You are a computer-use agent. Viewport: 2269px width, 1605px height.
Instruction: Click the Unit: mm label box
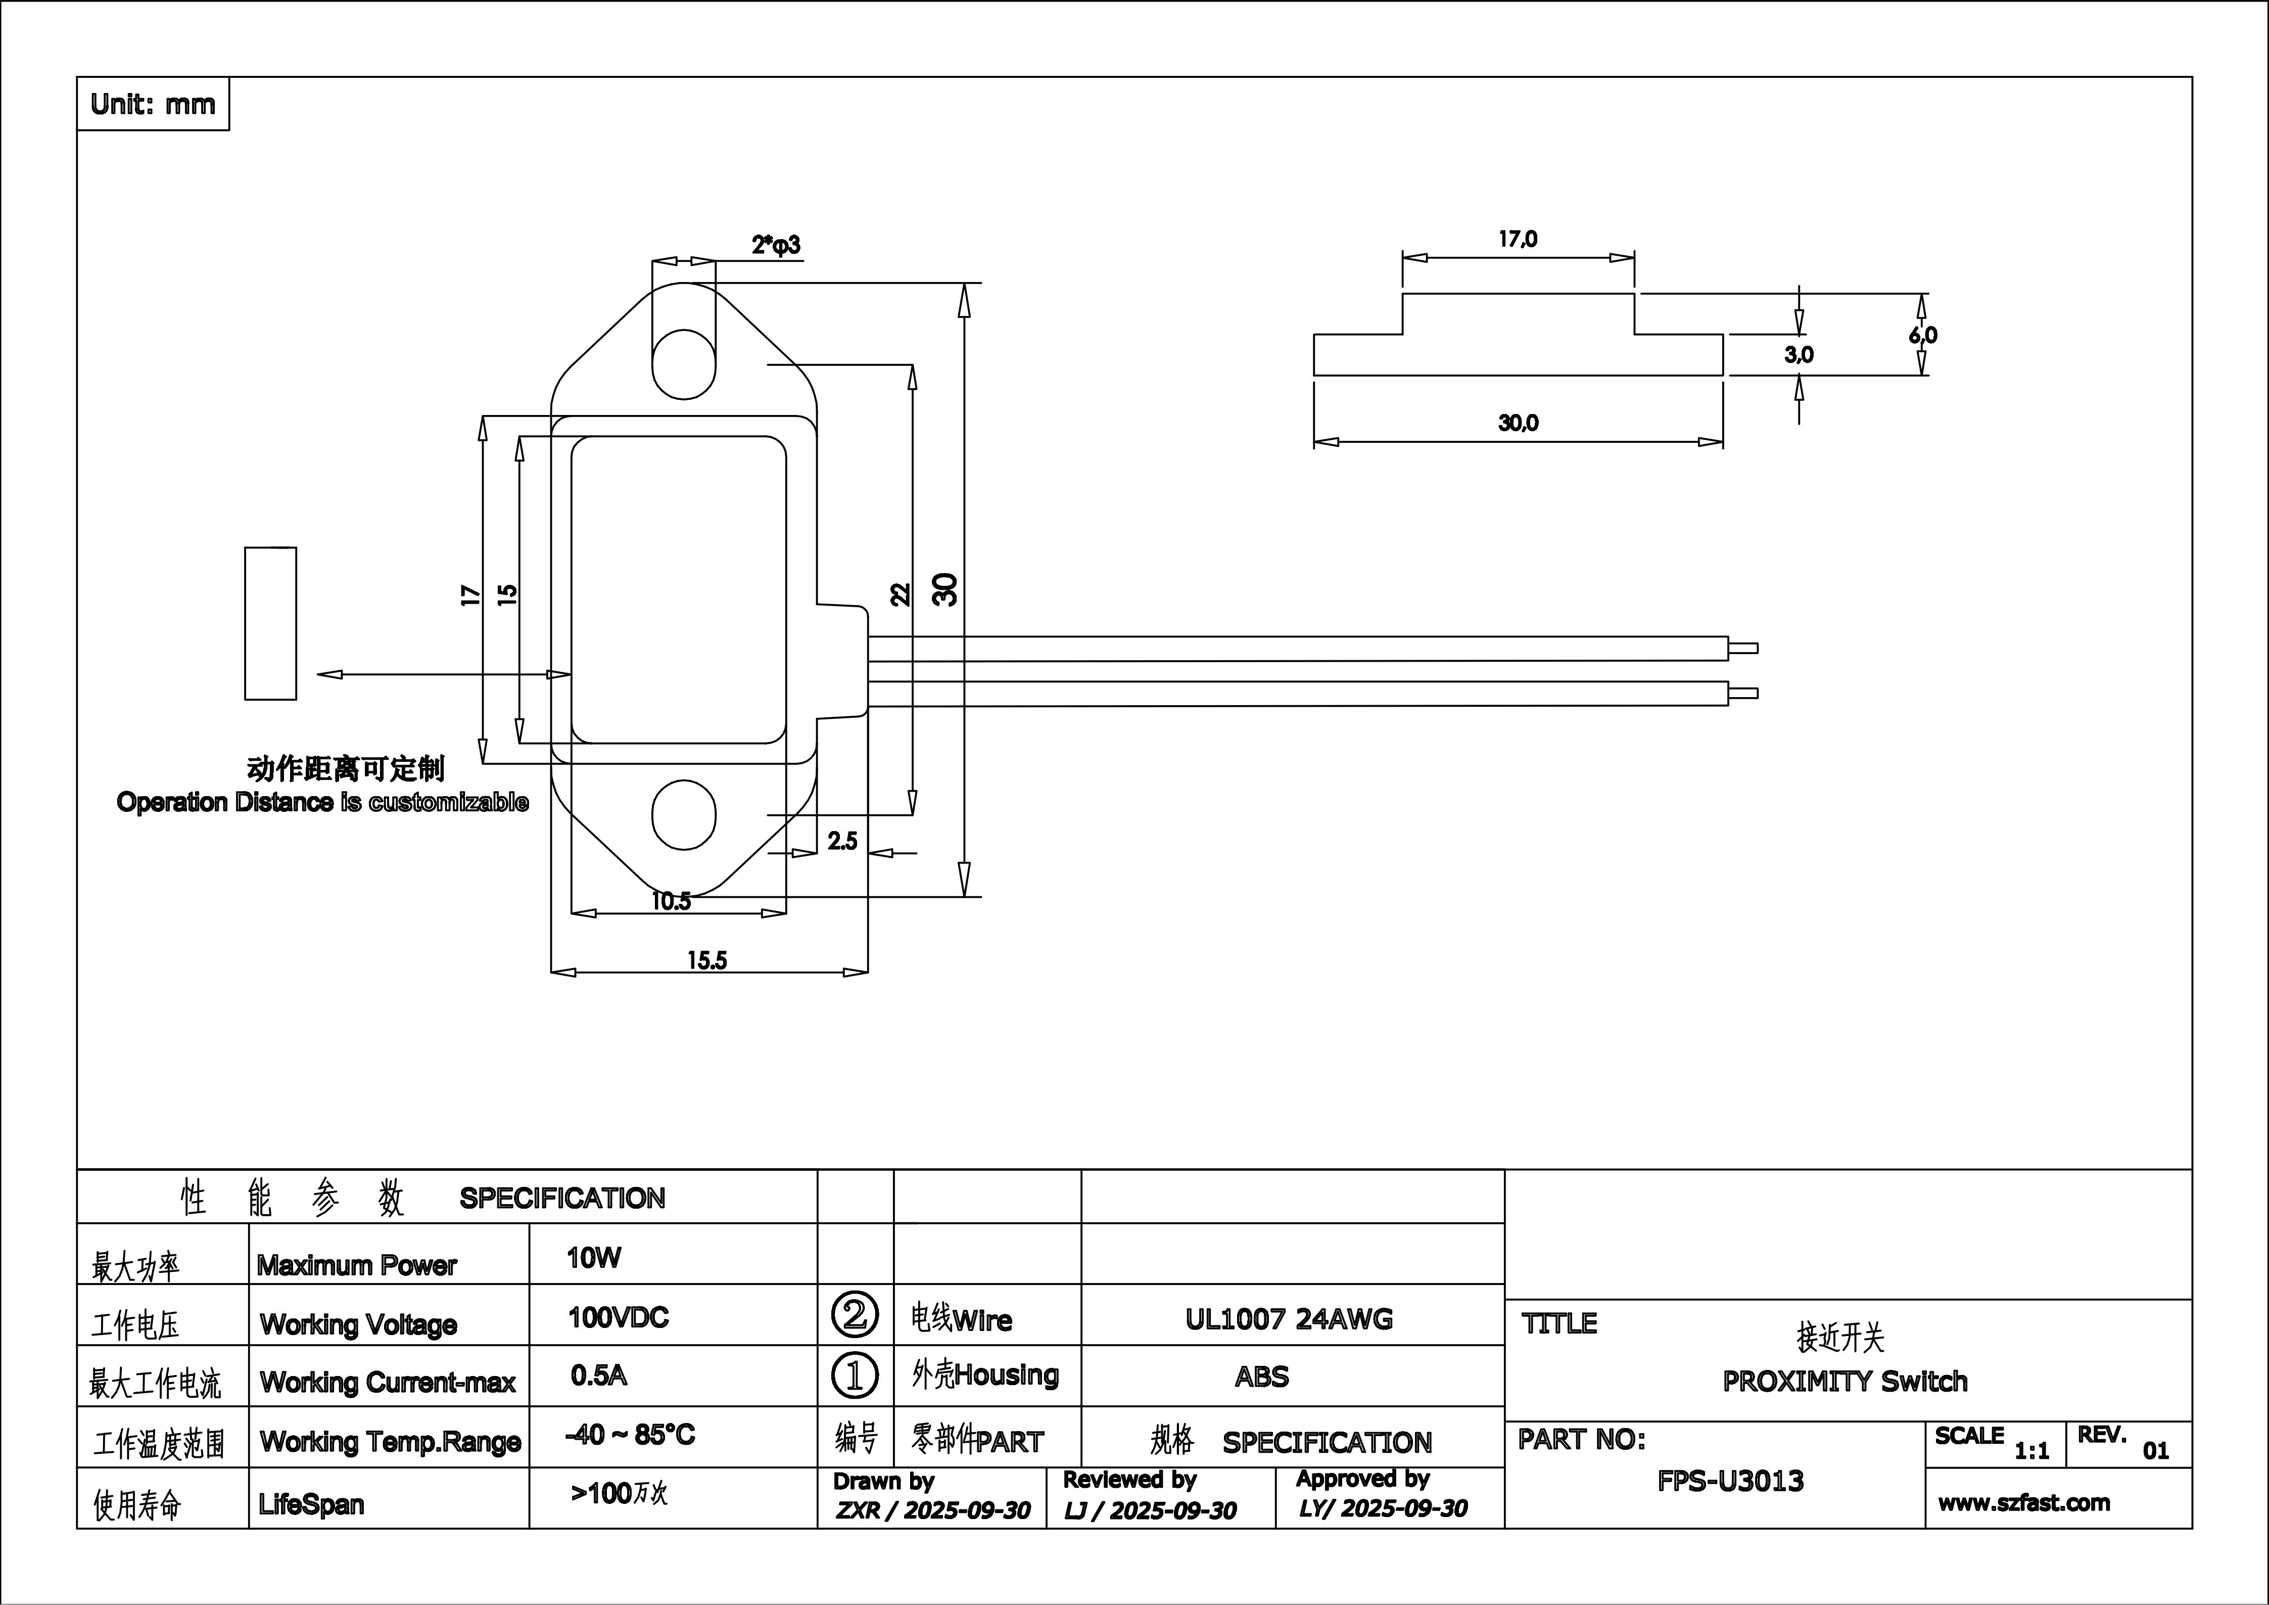pyautogui.click(x=152, y=104)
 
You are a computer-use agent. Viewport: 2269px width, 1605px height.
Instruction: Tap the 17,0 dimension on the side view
pyautogui.click(x=1518, y=239)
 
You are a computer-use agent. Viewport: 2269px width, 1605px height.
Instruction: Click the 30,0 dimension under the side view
pyautogui.click(x=1518, y=423)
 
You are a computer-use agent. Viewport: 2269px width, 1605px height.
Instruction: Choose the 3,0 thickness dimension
pyautogui.click(x=1799, y=355)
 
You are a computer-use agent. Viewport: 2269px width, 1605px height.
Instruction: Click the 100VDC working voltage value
pyautogui.click(x=619, y=1317)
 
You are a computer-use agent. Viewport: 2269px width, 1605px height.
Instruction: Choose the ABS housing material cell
pyautogui.click(x=1262, y=1377)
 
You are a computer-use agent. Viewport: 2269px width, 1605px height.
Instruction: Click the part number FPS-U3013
pyautogui.click(x=1730, y=1481)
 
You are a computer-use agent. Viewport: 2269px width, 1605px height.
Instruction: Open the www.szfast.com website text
pyautogui.click(x=2024, y=1503)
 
